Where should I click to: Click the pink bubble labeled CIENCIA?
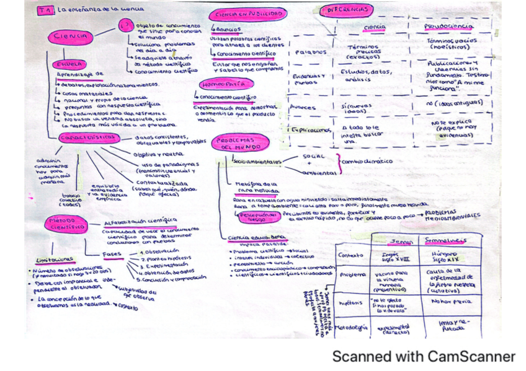point(70,37)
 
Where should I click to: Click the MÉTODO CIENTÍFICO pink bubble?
point(65,224)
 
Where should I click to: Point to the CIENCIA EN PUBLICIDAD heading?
point(247,14)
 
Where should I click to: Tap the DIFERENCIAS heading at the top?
point(346,11)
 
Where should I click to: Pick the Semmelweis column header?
point(445,240)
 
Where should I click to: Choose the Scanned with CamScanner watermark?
point(423,356)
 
